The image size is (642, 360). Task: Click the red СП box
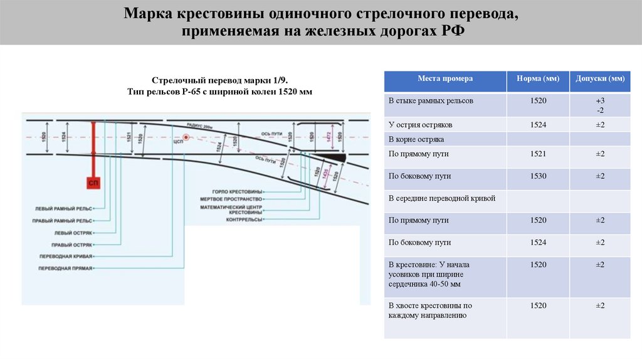pos(93,183)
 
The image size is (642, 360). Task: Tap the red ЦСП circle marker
pos(186,137)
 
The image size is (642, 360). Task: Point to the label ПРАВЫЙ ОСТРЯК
pos(72,245)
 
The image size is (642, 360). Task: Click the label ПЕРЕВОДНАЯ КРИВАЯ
pos(66,257)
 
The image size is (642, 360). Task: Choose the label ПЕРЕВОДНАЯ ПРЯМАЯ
pos(66,268)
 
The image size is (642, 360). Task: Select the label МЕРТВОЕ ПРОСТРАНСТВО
pos(230,198)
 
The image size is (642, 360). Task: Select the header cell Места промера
pos(445,79)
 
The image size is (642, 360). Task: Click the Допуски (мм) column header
pos(599,79)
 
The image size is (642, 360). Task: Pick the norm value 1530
pos(537,176)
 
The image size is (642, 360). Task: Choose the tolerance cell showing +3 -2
pos(599,105)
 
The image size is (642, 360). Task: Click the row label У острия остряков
pos(420,125)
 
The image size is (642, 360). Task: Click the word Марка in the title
pos(147,14)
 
